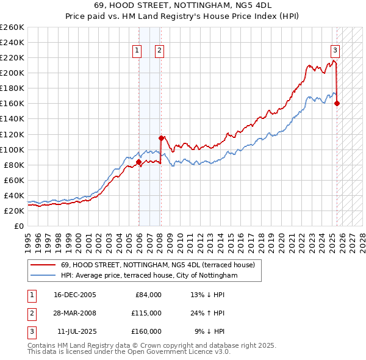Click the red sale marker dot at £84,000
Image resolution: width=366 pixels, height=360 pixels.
point(138,162)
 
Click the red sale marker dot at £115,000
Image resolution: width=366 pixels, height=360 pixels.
point(161,138)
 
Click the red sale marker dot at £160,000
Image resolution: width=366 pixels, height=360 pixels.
point(337,103)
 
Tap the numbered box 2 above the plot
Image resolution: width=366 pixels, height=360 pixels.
point(159,51)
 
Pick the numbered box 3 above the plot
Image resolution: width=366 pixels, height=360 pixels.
point(335,51)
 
